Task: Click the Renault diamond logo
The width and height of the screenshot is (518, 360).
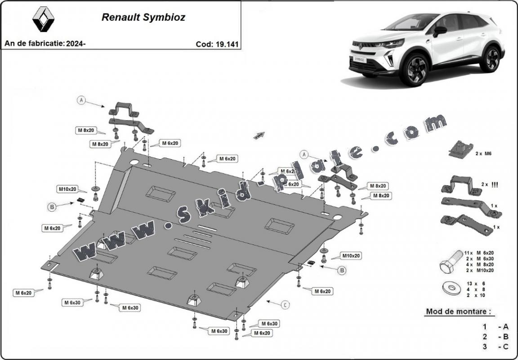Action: pos(44,20)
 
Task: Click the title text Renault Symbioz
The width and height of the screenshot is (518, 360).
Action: pos(143,18)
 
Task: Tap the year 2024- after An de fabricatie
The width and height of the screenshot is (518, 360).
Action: pos(76,44)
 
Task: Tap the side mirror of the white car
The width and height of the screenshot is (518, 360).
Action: pos(439,31)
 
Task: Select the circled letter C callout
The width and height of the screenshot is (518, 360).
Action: pos(285,305)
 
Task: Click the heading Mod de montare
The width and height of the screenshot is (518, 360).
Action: pos(458,311)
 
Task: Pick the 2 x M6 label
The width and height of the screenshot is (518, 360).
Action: pos(484,153)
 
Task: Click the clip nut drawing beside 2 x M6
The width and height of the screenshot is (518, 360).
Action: pos(460,149)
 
